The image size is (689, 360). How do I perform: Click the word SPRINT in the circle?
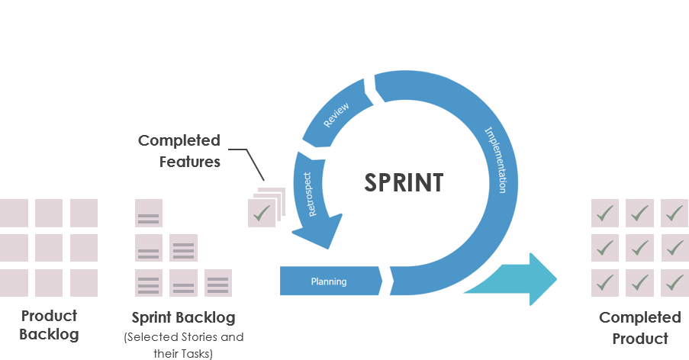tap(403, 183)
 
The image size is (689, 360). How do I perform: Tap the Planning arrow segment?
tap(329, 281)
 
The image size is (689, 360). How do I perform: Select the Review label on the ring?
tap(336, 114)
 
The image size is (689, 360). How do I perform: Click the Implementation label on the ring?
tap(496, 160)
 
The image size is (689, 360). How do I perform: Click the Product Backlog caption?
tap(49, 325)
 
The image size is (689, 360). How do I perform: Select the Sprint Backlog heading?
tap(183, 317)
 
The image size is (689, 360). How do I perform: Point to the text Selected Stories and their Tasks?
tap(183, 345)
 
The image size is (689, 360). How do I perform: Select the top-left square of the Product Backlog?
tap(14, 213)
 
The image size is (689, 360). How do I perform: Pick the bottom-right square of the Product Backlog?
tap(84, 283)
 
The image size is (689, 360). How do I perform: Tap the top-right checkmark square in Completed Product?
tap(675, 213)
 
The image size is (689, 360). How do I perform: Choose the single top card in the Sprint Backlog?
tap(149, 213)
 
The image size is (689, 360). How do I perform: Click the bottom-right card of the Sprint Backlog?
tap(218, 283)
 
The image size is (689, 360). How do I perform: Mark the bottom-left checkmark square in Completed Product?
tap(604, 283)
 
